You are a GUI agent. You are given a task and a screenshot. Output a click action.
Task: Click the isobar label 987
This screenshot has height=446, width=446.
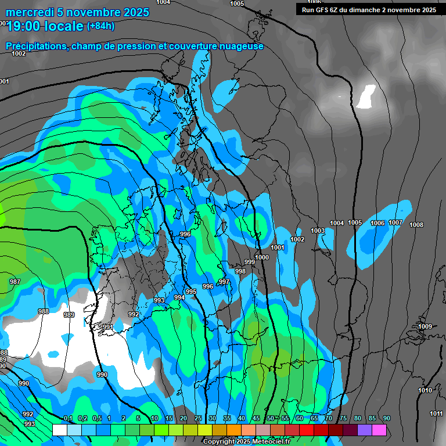15,282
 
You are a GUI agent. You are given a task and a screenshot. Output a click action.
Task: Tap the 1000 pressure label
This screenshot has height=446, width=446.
262,257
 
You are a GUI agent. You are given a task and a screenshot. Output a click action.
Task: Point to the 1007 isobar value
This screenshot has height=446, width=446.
395,222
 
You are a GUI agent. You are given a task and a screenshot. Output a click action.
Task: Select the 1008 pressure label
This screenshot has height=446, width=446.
416,225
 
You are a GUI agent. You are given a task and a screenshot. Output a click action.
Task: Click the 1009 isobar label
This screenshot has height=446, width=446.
425,326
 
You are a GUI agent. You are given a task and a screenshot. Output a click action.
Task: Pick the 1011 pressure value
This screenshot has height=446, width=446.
436,413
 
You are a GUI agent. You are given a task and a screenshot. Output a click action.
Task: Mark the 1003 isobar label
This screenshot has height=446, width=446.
318,231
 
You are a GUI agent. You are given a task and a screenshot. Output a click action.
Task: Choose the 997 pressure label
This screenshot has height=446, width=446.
224,282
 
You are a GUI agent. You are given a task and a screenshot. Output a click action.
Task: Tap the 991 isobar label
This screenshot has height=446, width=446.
107,327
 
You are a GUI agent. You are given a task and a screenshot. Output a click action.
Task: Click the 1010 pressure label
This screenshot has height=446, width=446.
425,390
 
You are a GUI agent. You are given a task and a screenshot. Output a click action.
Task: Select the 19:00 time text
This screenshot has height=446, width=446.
25,26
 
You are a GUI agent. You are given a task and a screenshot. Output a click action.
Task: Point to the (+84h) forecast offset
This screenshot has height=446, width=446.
100,26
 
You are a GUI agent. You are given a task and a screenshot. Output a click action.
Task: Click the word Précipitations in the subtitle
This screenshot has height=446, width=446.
36,46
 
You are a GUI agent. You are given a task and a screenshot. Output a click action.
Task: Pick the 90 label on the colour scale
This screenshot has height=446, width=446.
386,418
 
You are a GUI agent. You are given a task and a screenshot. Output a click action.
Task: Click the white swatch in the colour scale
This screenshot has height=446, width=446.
59,430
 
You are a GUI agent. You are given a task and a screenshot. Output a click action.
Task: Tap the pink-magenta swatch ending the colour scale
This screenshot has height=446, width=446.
379,430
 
